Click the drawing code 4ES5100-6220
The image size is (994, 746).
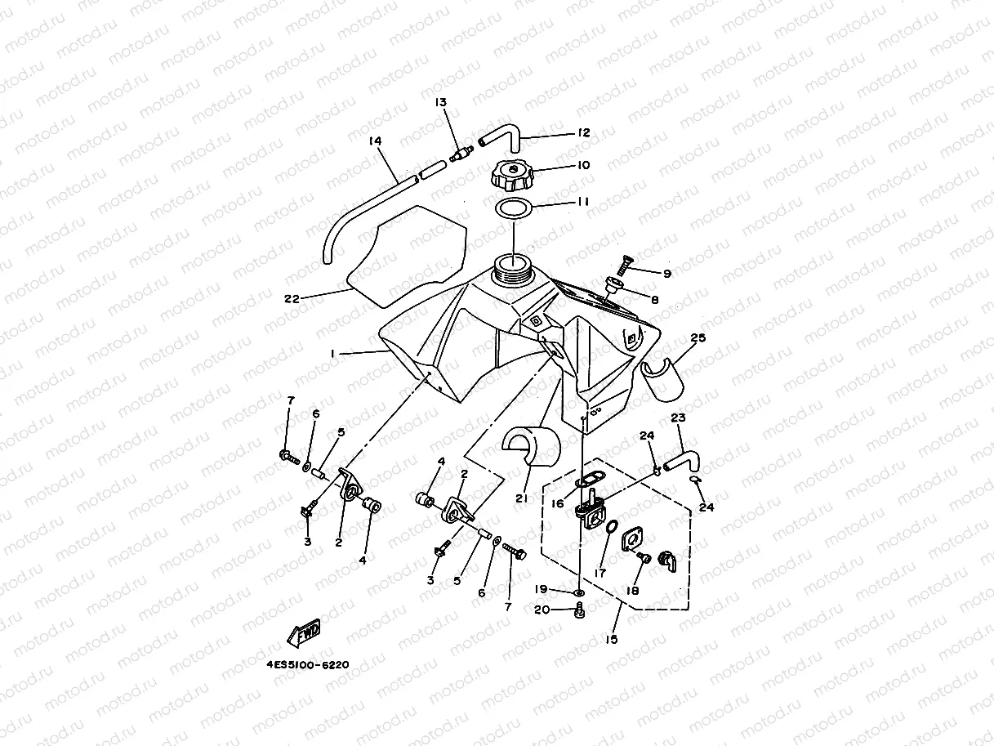(308, 665)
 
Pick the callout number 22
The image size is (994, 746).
(292, 298)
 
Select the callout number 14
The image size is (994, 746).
(375, 141)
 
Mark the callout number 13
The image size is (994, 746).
(441, 102)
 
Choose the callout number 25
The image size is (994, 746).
(698, 337)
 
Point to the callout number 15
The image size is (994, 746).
(613, 640)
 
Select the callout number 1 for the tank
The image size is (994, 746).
(332, 353)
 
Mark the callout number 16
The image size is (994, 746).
(557, 504)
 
